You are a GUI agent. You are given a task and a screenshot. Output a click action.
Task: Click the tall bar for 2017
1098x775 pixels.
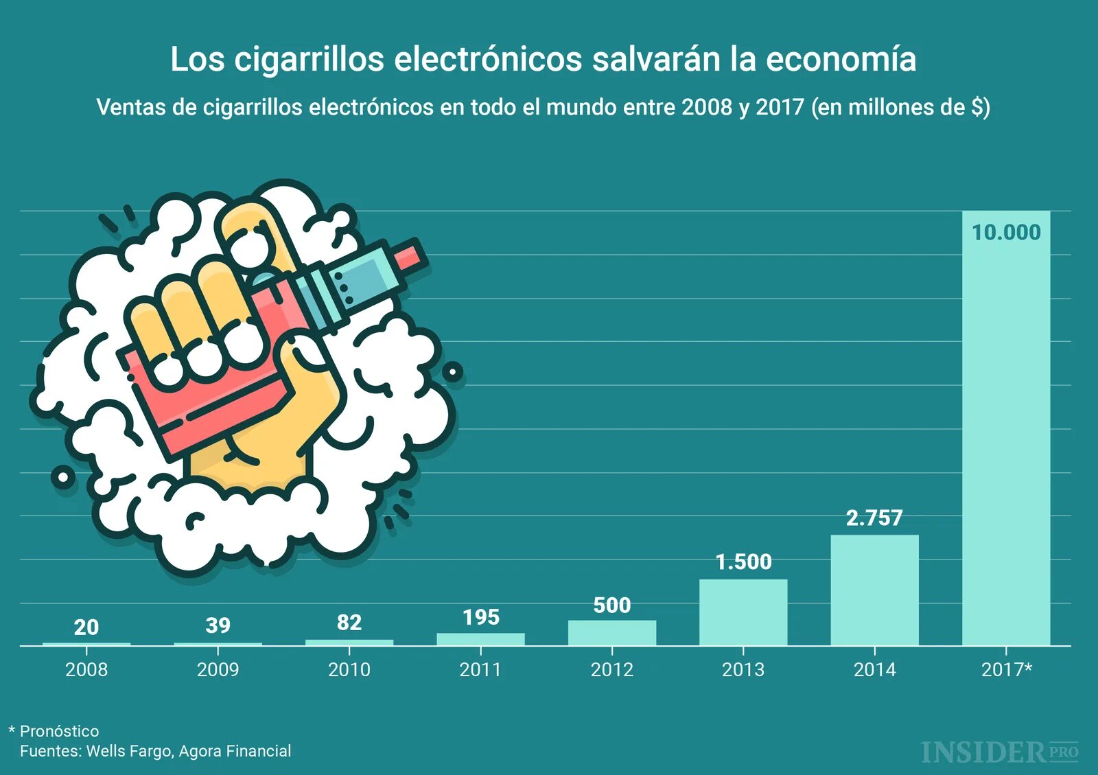1006,439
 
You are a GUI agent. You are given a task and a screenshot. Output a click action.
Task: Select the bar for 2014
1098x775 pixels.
874,590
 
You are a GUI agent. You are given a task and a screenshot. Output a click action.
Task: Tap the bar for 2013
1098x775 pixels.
743,612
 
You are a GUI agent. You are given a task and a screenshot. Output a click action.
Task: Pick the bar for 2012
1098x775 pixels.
612,633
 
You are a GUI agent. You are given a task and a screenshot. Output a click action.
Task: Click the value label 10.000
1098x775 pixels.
1006,233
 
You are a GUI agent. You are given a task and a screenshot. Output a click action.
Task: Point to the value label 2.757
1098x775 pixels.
874,518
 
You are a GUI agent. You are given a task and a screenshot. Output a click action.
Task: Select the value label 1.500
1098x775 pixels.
743,562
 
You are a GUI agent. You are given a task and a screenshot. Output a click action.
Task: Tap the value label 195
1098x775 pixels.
480,617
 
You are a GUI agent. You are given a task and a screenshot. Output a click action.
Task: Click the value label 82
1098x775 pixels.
349,623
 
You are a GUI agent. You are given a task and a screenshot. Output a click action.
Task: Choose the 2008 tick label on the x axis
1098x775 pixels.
86,669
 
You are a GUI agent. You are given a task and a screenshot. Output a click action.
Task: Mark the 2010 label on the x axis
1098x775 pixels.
349,669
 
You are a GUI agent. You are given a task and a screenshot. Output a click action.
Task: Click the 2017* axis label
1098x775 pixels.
1006,669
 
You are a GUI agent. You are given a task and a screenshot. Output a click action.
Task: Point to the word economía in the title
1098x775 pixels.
841,59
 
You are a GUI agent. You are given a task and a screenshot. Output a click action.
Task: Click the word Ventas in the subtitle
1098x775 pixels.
130,107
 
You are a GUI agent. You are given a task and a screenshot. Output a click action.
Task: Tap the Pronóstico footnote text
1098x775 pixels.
59,731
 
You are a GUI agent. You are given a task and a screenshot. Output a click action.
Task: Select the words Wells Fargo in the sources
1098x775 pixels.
128,751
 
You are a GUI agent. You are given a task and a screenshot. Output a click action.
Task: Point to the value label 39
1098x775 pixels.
218,625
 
